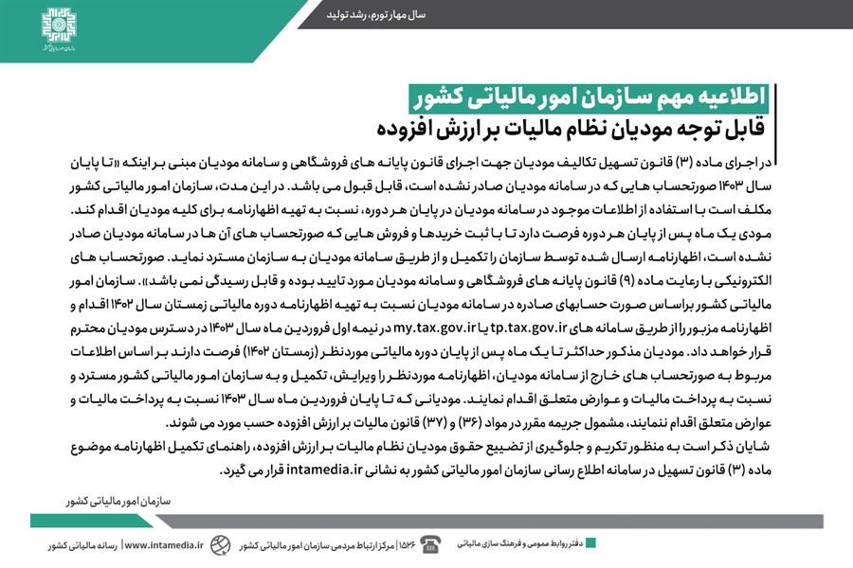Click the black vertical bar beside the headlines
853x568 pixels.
pyautogui.click(x=778, y=111)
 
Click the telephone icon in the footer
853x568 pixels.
pyautogui.click(x=431, y=544)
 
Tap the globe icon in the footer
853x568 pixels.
pyautogui.click(x=220, y=544)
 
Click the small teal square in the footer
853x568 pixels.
pyautogui.click(x=590, y=543)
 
